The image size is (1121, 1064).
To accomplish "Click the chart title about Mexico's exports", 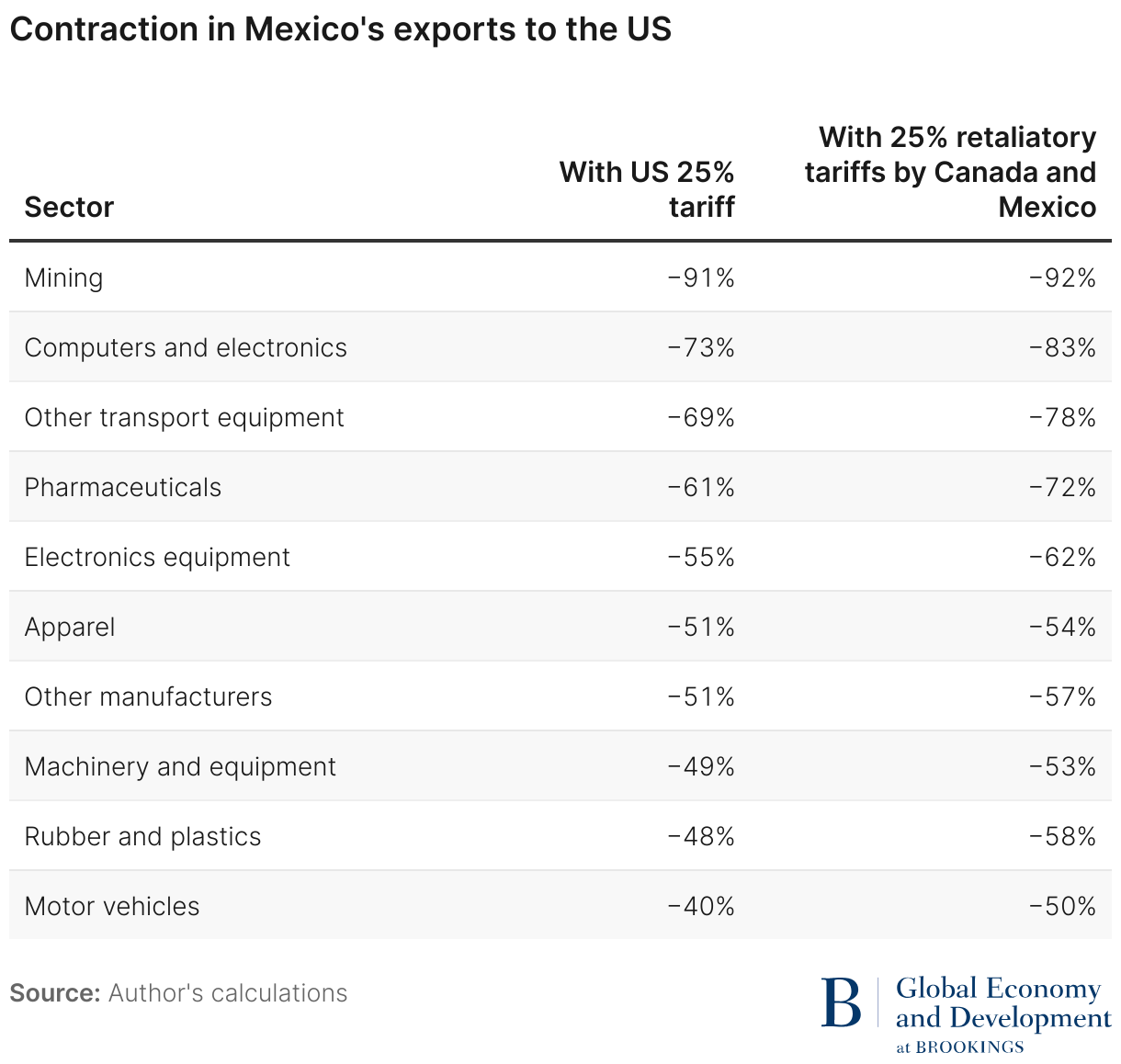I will pyautogui.click(x=340, y=29).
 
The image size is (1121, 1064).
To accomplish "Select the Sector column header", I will pyautogui.click(x=69, y=207).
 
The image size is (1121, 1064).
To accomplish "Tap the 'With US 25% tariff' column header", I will pyautogui.click(x=647, y=189).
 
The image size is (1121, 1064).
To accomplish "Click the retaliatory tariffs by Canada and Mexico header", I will pyautogui.click(x=950, y=172).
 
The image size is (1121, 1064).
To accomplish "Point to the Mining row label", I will pyautogui.click(x=63, y=277).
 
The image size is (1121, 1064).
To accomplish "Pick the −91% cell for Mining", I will pyautogui.click(x=701, y=277).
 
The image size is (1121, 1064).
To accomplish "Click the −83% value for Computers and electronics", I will pyautogui.click(x=1062, y=347).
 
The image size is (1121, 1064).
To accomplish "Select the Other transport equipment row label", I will pyautogui.click(x=184, y=417).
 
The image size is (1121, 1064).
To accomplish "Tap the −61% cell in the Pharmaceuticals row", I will pyautogui.click(x=701, y=487).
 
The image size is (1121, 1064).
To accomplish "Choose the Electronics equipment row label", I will pyautogui.click(x=157, y=557).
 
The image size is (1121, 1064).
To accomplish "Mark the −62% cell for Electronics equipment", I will pyautogui.click(x=1062, y=557).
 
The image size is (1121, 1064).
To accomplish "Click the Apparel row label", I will pyautogui.click(x=70, y=627).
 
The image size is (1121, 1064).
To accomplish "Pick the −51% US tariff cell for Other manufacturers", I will pyautogui.click(x=701, y=696).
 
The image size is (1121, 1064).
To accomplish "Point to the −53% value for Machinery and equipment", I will pyautogui.click(x=1062, y=766).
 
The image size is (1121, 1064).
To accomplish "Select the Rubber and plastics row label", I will pyautogui.click(x=142, y=836).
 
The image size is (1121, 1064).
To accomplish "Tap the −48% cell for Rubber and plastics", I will pyautogui.click(x=701, y=836).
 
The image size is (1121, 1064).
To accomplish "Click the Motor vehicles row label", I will pyautogui.click(x=112, y=906).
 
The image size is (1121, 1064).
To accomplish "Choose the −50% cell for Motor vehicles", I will pyautogui.click(x=1062, y=906).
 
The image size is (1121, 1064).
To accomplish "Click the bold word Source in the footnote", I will pyautogui.click(x=54, y=993).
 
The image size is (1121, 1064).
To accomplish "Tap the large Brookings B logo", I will pyautogui.click(x=841, y=1002).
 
